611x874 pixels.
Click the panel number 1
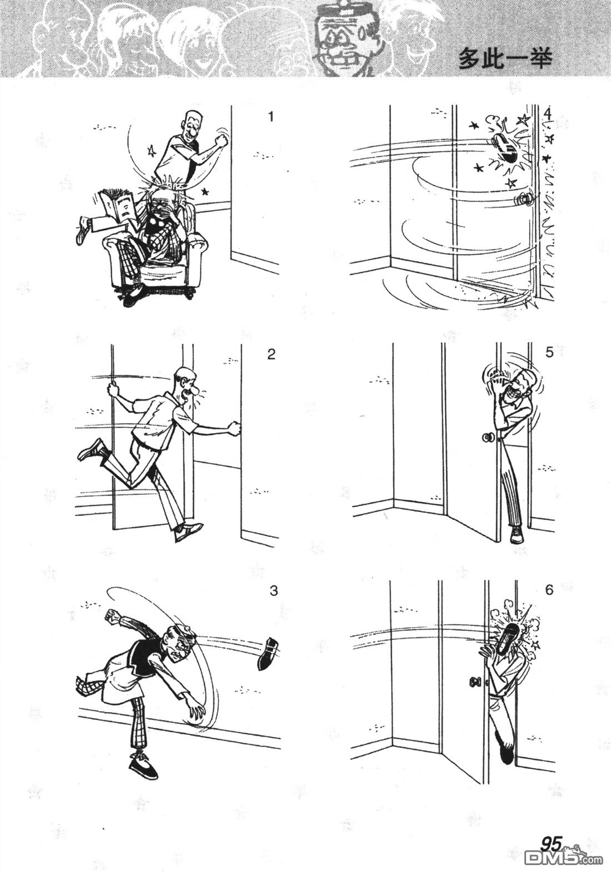click(271, 117)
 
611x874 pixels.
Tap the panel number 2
click(271, 354)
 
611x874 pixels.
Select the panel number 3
click(273, 590)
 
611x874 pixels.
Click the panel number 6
click(549, 590)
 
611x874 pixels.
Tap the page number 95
click(550, 857)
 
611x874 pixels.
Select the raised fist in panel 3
click(113, 615)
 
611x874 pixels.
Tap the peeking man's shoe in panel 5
click(517, 535)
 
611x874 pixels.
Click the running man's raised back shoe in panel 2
click(91, 450)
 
